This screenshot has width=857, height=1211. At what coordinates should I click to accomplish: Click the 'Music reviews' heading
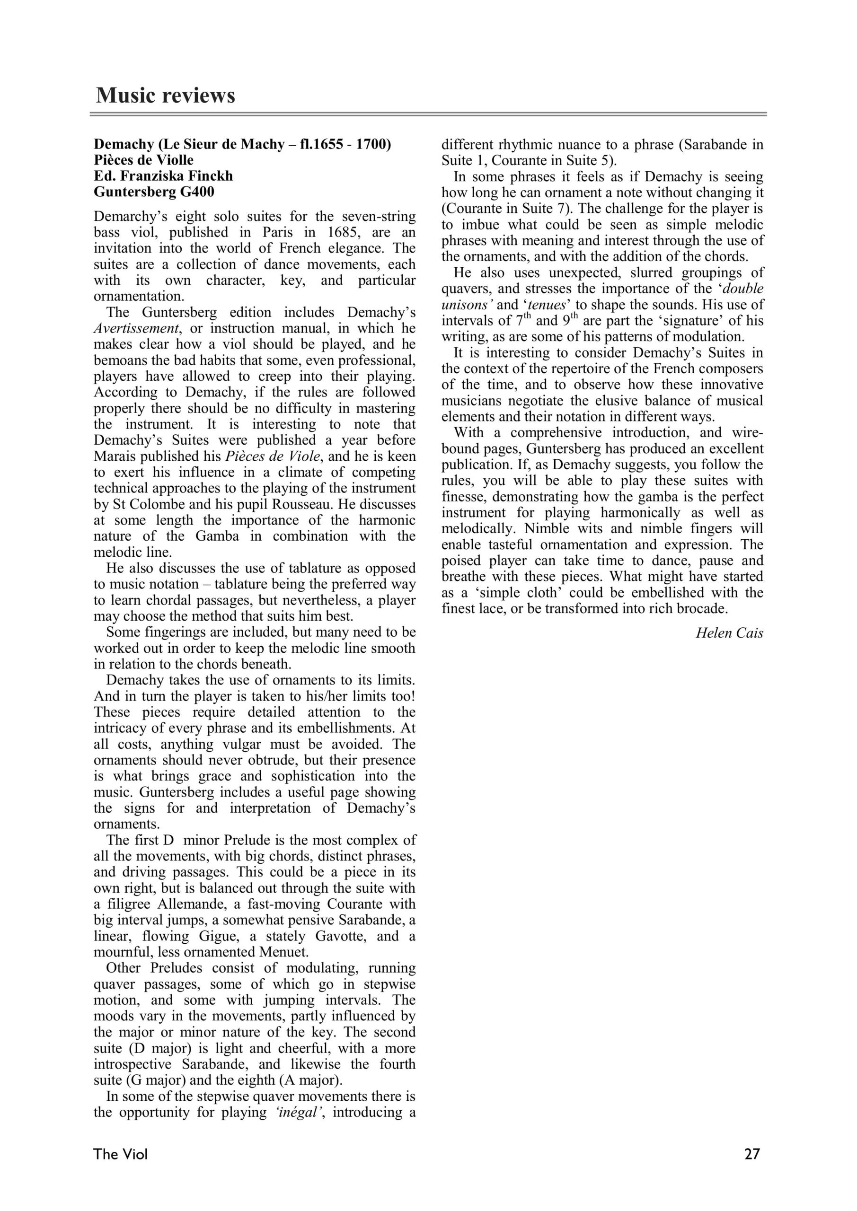(x=165, y=96)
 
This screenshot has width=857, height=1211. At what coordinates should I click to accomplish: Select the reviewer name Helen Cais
(x=729, y=633)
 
